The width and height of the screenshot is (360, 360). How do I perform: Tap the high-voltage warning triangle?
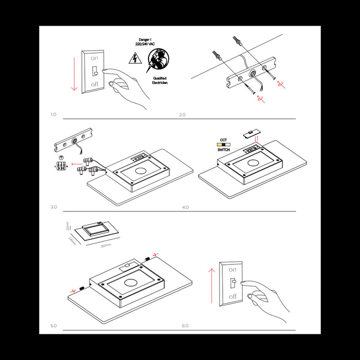[136, 59]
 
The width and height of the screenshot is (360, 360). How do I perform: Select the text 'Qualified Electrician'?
[160, 80]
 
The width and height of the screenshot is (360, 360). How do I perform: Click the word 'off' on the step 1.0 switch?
[95, 84]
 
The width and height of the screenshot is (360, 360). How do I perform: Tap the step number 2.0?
[182, 114]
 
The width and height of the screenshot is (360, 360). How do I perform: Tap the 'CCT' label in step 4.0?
[223, 140]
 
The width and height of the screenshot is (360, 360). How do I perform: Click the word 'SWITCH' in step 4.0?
[223, 150]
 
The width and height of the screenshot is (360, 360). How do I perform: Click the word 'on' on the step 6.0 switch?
[232, 269]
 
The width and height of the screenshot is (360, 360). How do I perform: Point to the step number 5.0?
[53, 326]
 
